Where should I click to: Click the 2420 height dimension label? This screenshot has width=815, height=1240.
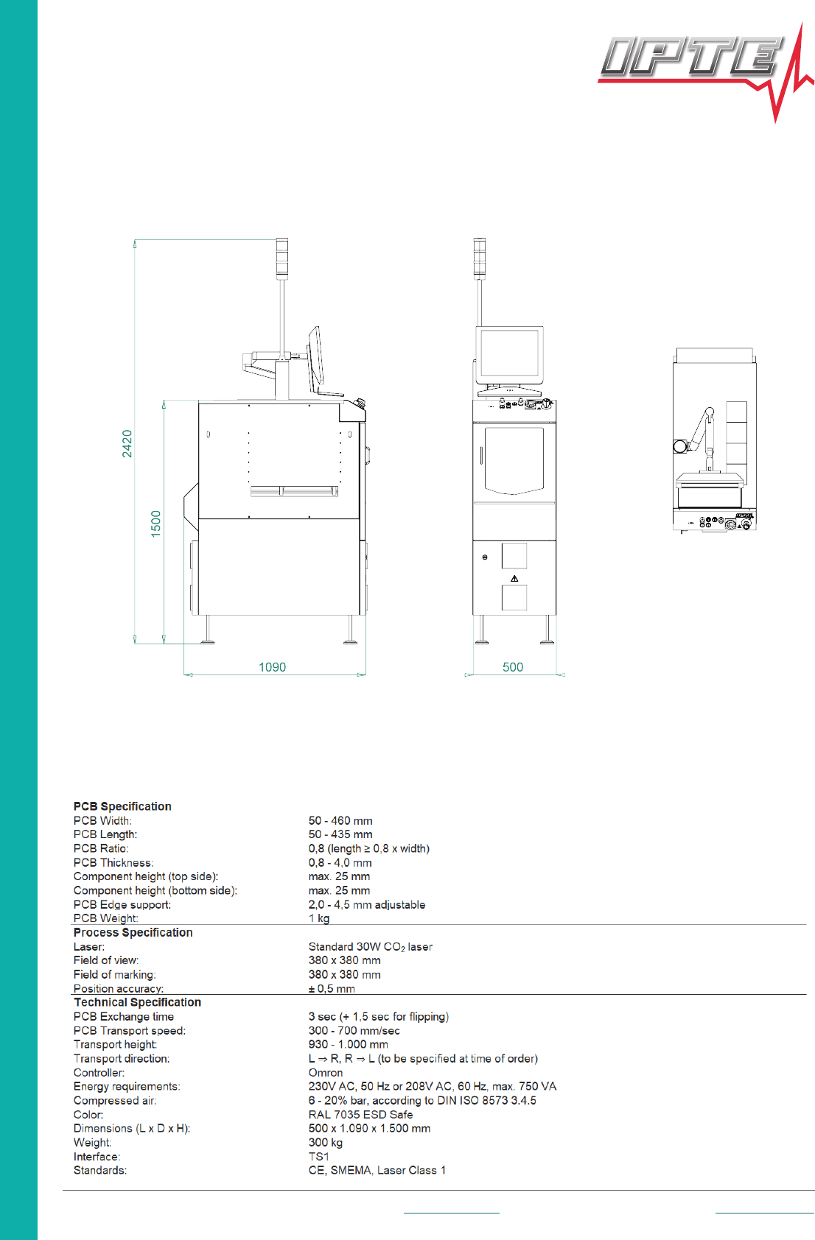coord(127,443)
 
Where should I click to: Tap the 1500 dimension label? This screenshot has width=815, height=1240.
coord(155,524)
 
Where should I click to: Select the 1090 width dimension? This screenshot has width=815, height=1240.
coord(272,667)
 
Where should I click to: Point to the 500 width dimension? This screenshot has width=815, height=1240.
coord(513,667)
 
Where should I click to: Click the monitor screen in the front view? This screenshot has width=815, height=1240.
coord(509,353)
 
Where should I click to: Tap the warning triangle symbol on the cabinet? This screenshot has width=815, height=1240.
coord(514,579)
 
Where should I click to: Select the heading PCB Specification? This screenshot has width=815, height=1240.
coord(122,806)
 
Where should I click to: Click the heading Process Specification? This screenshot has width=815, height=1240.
coord(133,932)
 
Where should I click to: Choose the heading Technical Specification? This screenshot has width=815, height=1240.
coord(137,1002)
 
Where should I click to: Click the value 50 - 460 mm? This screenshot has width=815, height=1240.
coord(340,820)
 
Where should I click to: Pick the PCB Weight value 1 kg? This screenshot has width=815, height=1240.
coord(319,918)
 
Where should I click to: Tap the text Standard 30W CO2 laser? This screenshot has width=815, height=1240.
coord(370,946)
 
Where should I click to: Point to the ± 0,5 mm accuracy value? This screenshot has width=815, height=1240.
coord(332,988)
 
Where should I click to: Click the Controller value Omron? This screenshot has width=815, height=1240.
coord(326,1072)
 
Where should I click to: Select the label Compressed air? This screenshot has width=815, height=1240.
coord(115,1100)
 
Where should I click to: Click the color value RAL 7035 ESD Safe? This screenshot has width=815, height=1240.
coord(360,1114)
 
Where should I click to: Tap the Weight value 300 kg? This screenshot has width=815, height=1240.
coord(326,1142)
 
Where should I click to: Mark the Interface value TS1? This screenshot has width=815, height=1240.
coord(318,1156)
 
